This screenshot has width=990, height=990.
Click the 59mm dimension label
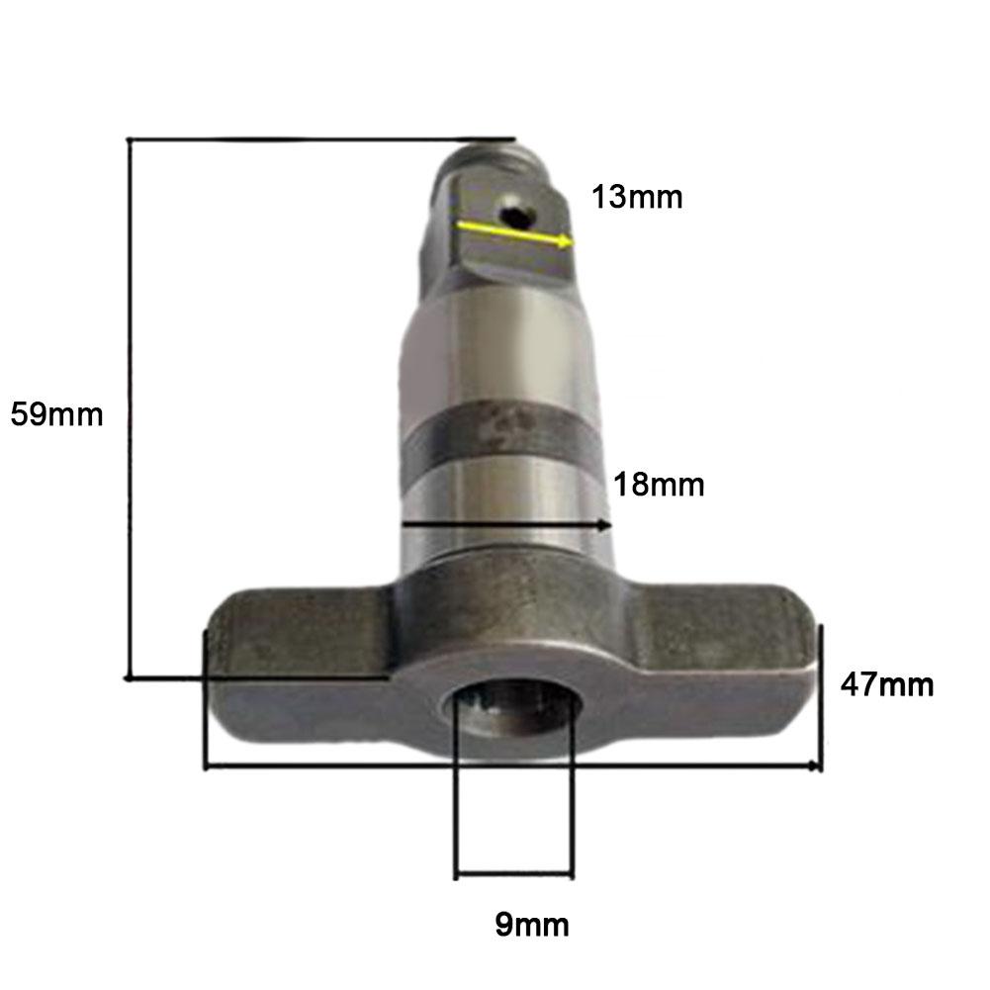click(56, 413)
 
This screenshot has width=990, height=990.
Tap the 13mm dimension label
click(637, 197)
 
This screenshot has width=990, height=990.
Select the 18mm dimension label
click(658, 485)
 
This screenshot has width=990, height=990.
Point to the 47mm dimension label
click(886, 683)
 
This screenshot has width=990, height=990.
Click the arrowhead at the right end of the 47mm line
click(815, 766)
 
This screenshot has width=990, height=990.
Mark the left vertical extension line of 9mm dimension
click(456, 791)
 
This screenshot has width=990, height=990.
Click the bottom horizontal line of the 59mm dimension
click(257, 677)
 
